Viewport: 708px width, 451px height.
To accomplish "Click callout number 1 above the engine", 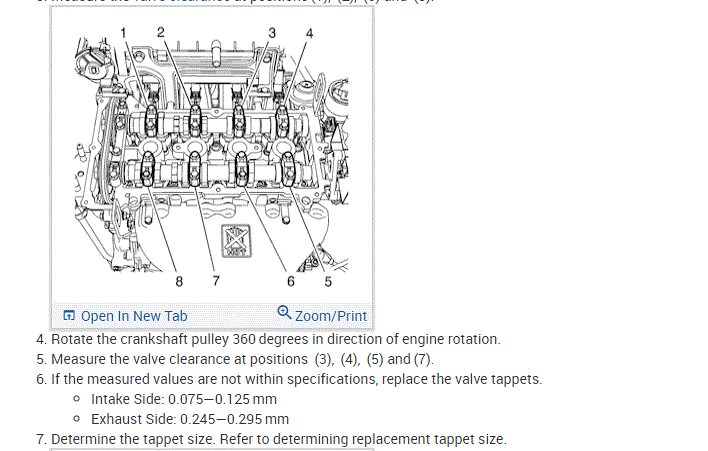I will click(x=124, y=34).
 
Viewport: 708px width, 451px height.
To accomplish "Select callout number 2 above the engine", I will click(x=161, y=31).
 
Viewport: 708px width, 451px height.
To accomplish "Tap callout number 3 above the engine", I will click(x=273, y=34).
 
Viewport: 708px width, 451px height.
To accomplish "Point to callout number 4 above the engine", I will click(x=309, y=34).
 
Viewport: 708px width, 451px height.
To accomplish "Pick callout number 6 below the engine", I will click(x=290, y=281).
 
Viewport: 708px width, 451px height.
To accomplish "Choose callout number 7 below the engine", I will click(x=215, y=281).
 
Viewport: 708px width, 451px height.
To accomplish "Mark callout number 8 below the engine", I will click(x=179, y=281).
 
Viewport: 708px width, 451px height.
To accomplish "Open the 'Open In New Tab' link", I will click(x=134, y=316).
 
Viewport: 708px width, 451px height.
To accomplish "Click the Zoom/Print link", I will click(x=331, y=316).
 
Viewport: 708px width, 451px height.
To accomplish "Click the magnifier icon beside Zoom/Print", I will click(x=285, y=314).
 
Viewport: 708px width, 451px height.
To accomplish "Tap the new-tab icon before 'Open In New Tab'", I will click(x=69, y=316).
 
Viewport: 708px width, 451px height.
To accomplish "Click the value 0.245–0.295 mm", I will click(x=238, y=419).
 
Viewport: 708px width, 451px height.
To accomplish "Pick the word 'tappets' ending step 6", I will click(x=516, y=379).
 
